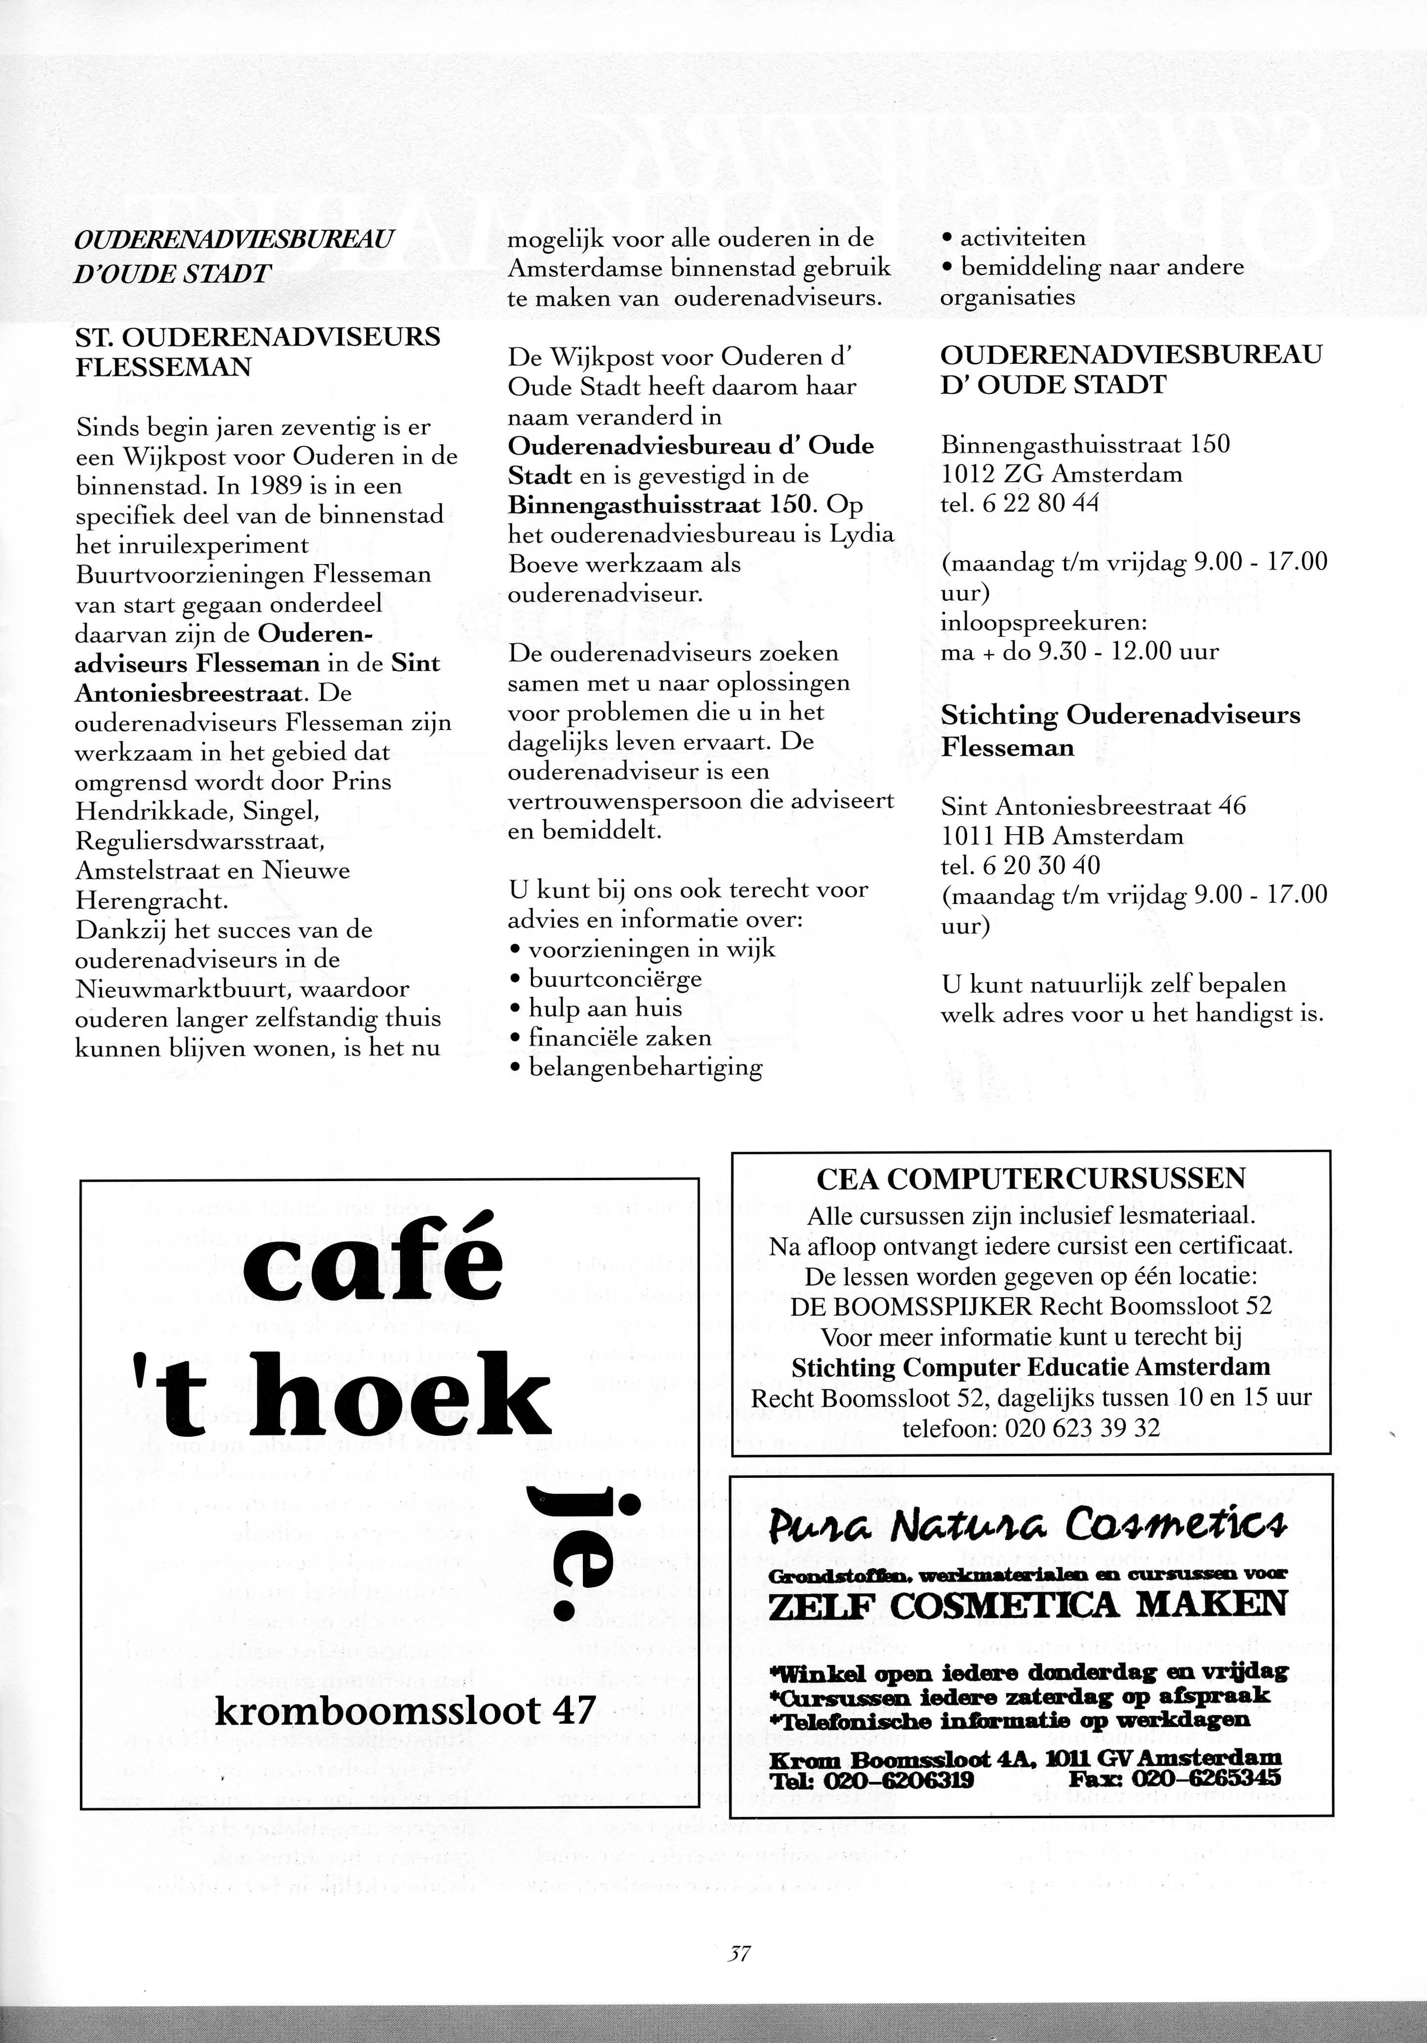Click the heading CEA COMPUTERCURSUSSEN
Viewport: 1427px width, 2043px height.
1031,1179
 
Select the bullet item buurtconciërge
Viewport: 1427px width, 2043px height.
614,979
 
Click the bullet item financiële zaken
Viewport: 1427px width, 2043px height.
619,1038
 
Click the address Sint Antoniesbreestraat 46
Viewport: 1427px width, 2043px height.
1093,806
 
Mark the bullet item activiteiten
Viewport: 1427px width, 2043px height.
1022,237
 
